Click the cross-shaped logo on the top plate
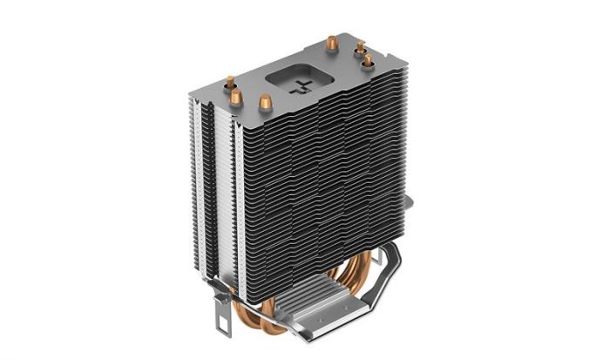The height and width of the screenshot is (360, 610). [x=303, y=85]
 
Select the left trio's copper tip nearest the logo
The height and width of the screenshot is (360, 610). [x=266, y=103]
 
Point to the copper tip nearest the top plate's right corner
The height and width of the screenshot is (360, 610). [x=368, y=61]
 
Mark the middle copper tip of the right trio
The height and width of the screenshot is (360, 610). [x=359, y=49]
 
